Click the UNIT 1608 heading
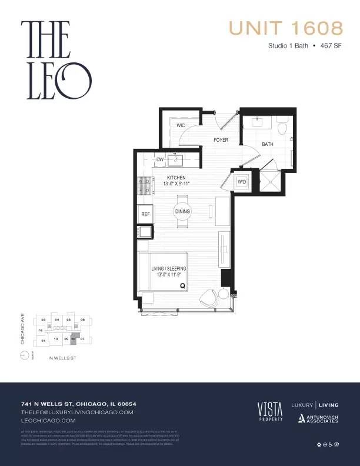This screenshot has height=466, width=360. point(285,28)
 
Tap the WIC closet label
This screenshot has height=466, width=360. point(181,125)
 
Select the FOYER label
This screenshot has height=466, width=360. point(221,140)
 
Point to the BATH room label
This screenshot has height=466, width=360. point(267,144)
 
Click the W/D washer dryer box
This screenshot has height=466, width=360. point(242,182)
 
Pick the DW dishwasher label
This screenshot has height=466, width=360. point(159,159)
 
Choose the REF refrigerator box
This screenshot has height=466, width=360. point(145,215)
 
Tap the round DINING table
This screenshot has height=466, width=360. point(182,211)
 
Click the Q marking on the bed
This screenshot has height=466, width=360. point(182,285)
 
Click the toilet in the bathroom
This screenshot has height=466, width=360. point(281,125)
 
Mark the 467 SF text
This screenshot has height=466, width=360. point(331,45)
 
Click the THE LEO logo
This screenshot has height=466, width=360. point(56,59)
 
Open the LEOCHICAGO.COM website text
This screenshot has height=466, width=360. point(48,421)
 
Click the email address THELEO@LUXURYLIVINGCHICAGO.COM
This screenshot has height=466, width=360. point(78,412)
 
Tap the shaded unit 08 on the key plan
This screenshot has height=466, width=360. point(74,339)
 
